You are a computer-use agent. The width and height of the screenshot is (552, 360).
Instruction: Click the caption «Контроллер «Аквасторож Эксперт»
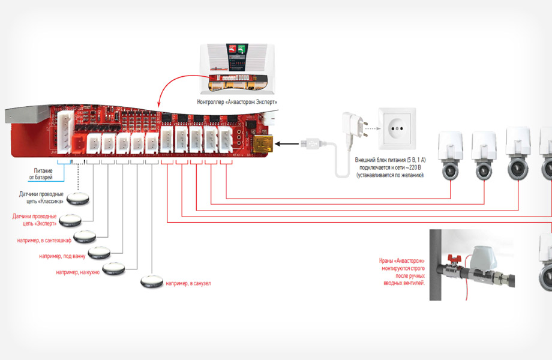[237, 103]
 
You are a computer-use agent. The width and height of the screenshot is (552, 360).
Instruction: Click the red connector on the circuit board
[78, 143]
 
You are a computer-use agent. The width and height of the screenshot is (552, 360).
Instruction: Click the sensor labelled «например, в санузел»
[151, 281]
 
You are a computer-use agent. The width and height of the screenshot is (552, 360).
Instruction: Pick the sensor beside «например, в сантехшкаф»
[86, 235]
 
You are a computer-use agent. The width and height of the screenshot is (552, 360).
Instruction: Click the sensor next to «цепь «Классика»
[76, 197]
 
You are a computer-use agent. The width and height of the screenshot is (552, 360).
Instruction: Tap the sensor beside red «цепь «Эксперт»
[70, 218]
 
